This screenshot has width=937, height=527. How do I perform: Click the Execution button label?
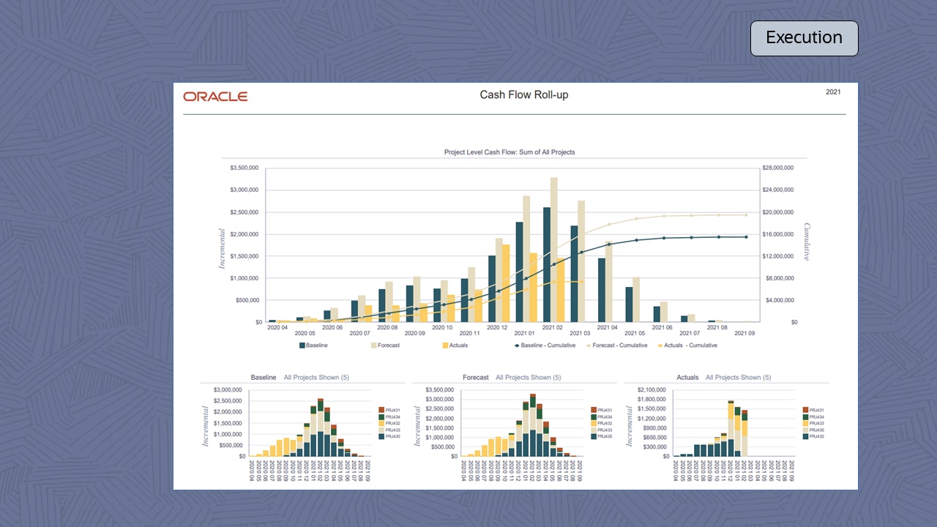coord(804,38)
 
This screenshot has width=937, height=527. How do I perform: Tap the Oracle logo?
coord(215,97)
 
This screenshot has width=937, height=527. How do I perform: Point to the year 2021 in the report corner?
coord(833,92)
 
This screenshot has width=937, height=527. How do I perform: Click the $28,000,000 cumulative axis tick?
coord(778,168)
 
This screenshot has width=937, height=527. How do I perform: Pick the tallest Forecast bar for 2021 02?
coord(554,249)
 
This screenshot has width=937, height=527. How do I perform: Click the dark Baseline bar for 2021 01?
coord(519,272)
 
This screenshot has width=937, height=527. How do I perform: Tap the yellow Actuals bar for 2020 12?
coord(506,283)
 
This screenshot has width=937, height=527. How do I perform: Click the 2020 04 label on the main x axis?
coord(277,328)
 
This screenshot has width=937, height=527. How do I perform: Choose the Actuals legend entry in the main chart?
coord(454,345)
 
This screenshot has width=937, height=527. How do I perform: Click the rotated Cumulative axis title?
coord(807,242)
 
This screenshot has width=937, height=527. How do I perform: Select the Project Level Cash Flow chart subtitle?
coord(509,152)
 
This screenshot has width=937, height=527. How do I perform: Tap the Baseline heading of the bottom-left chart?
coord(264,378)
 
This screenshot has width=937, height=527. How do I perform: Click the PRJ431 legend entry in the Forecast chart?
coord(604,410)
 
